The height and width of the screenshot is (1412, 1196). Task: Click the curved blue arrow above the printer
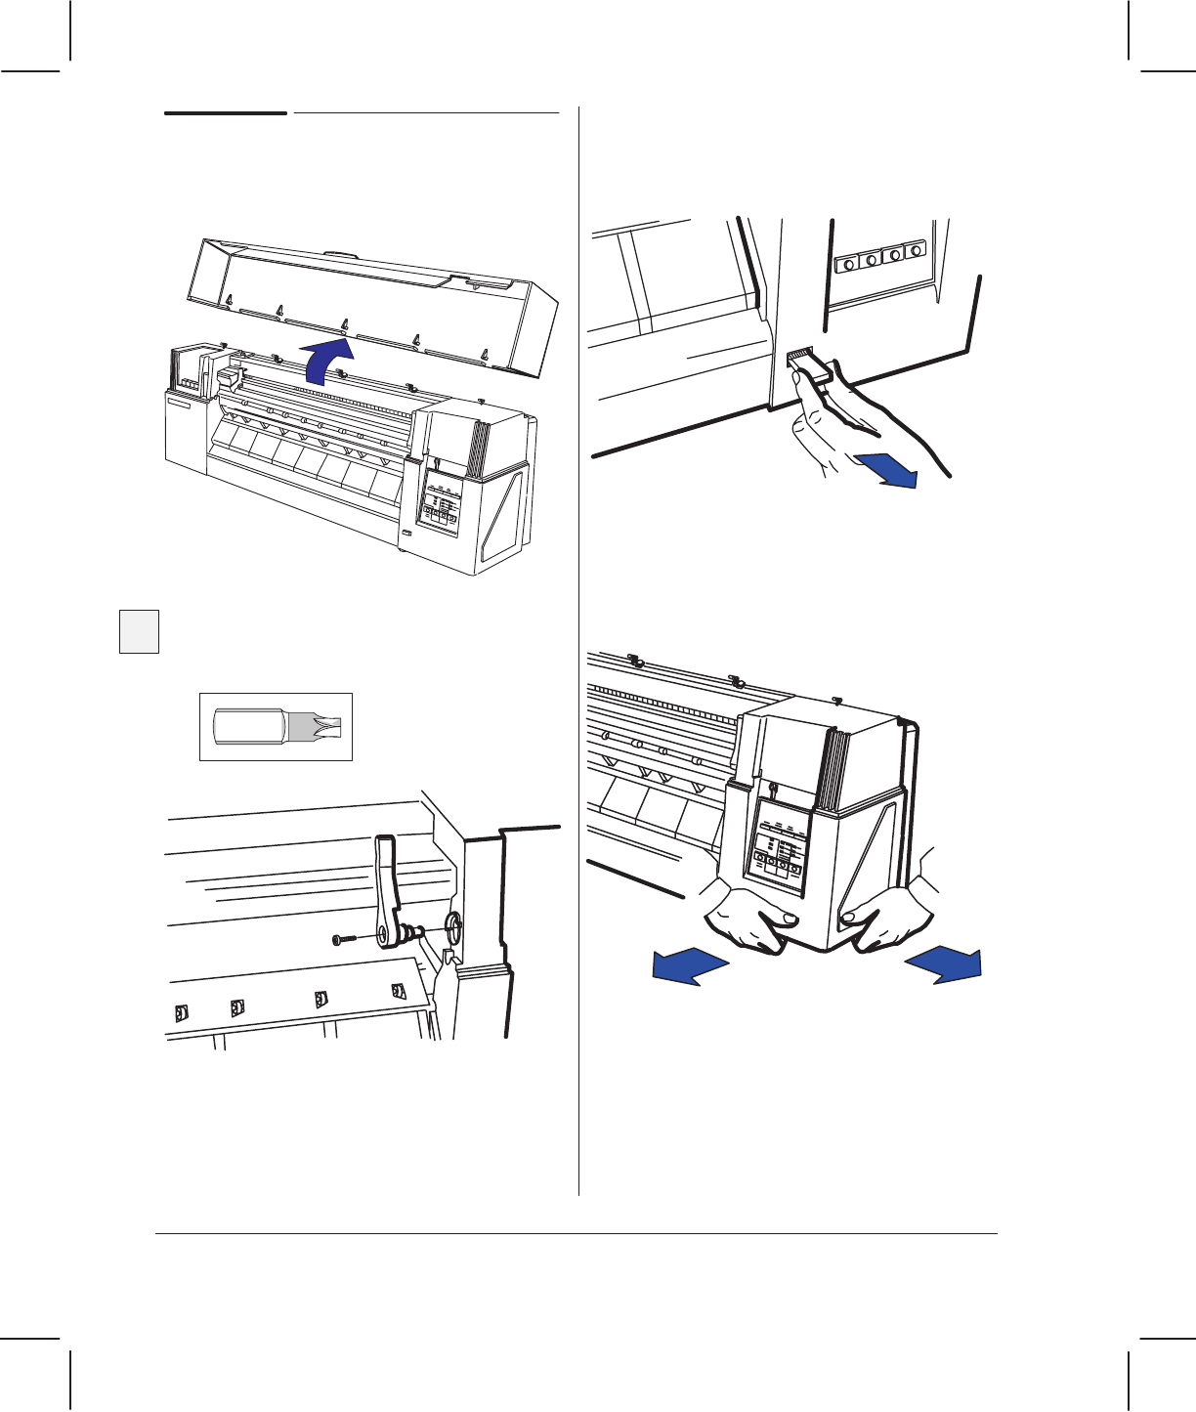click(326, 362)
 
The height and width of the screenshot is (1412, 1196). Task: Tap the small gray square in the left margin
click(139, 630)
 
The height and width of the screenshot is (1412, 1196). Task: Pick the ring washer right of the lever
click(453, 923)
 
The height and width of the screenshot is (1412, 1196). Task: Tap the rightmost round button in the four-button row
click(916, 251)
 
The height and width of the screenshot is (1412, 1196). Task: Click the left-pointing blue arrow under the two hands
click(690, 966)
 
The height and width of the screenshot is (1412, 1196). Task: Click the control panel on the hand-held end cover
click(777, 846)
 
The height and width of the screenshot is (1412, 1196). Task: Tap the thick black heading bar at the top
click(226, 113)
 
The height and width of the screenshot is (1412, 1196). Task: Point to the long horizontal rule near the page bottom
click(577, 1234)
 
